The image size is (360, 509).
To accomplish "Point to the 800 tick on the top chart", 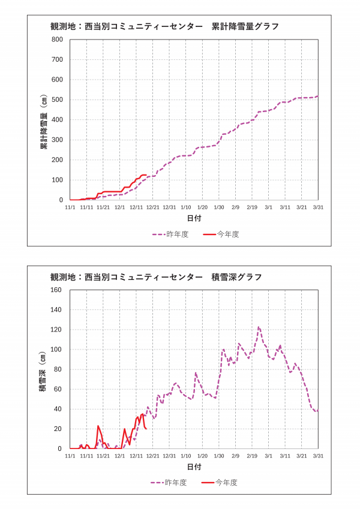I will point(58,40).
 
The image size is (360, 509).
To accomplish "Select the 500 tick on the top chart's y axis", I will point(58,100).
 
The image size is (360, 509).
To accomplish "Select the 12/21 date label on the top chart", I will point(152,207).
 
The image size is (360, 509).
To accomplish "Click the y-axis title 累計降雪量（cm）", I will point(44,120).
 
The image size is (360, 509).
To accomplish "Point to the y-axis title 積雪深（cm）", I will point(43,369).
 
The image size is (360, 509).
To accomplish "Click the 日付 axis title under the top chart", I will point(194,217).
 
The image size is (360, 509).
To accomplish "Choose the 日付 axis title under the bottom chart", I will point(194,466).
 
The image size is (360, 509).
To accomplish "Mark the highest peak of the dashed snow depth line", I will point(259,327).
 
